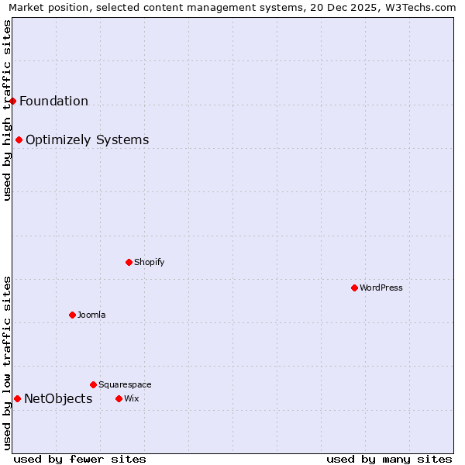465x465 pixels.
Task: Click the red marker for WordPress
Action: click(x=354, y=288)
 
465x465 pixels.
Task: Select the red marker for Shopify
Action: click(x=129, y=262)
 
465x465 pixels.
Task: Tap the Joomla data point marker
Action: click(x=72, y=315)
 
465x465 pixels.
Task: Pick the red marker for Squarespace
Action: click(x=93, y=384)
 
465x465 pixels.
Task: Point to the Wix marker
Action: click(x=119, y=398)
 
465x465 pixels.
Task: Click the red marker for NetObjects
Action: click(x=17, y=398)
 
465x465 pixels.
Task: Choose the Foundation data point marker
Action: click(x=13, y=101)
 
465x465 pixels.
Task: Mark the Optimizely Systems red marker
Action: click(x=19, y=139)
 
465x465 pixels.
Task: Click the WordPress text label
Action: click(x=381, y=288)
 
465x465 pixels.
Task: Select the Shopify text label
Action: click(x=150, y=262)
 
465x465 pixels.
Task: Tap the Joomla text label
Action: click(x=91, y=315)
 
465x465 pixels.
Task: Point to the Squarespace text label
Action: click(x=125, y=384)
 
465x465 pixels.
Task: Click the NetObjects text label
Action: click(x=58, y=399)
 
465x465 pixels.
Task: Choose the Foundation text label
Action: click(x=53, y=102)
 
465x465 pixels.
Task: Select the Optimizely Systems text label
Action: click(x=87, y=140)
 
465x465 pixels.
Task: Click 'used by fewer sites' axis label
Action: click(x=80, y=459)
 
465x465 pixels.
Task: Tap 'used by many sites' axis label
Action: click(x=389, y=459)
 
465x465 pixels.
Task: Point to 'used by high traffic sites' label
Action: click(x=7, y=110)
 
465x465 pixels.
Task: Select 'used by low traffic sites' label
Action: click(x=7, y=363)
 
